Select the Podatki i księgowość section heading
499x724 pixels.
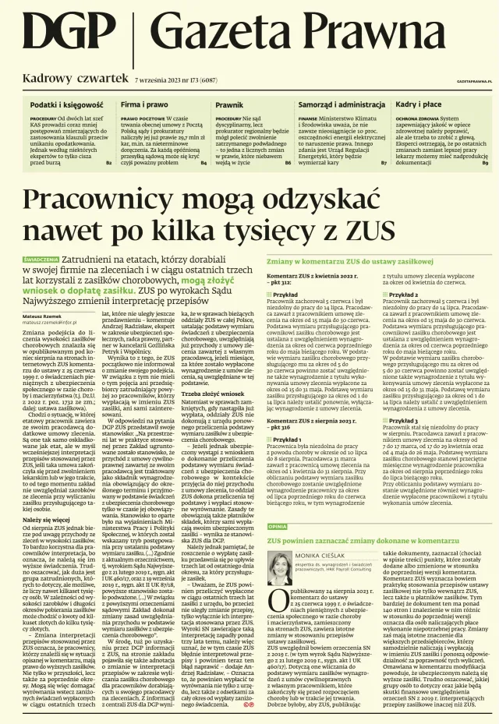(x=66, y=104)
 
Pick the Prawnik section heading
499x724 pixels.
(x=229, y=104)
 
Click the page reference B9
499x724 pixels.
(x=485, y=163)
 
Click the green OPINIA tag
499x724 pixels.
(x=278, y=526)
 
